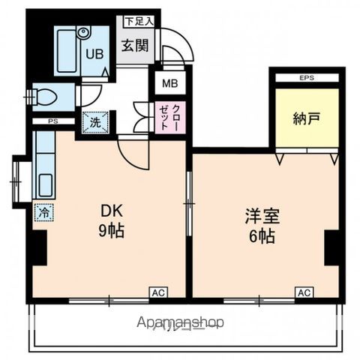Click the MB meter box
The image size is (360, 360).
[x=166, y=82]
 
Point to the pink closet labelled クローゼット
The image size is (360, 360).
[x=166, y=117]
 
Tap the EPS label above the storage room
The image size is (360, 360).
[x=307, y=77]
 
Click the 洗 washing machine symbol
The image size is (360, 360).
[x=95, y=121]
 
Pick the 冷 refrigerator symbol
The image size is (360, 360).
[x=43, y=213]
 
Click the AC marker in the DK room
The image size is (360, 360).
[x=158, y=292]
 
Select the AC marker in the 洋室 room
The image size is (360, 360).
[x=304, y=292]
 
